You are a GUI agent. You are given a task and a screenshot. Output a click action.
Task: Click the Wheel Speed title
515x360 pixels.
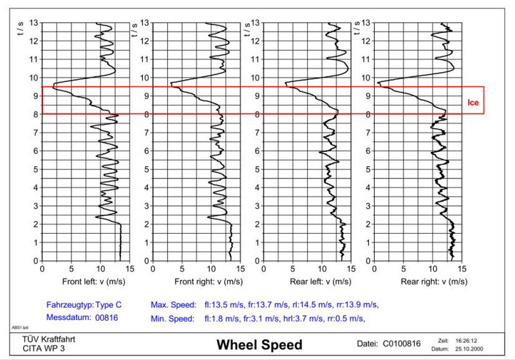pyautogui.click(x=258, y=344)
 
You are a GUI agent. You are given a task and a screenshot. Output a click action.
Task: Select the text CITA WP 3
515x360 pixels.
pyautogui.click(x=36, y=348)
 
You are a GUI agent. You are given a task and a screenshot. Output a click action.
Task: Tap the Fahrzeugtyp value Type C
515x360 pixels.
pyautogui.click(x=108, y=305)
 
